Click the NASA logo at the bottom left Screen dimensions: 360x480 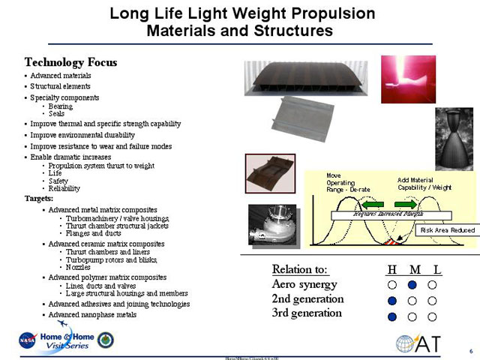coord(28,340)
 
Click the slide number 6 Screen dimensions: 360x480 coord(470,350)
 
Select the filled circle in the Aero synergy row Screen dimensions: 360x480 coord(412,285)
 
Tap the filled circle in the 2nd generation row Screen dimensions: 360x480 coord(391,301)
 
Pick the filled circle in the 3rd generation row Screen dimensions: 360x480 coord(391,316)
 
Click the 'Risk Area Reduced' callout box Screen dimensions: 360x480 coord(448,229)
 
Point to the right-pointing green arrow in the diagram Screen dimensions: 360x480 coord(405,203)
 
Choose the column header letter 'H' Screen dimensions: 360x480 coord(391,269)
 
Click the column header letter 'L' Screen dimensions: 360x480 coord(436,269)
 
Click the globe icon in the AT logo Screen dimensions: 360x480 coord(410,344)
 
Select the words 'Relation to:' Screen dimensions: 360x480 coord(301,269)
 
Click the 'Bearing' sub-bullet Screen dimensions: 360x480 coord(60,106)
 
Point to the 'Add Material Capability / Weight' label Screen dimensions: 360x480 coord(424,183)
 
